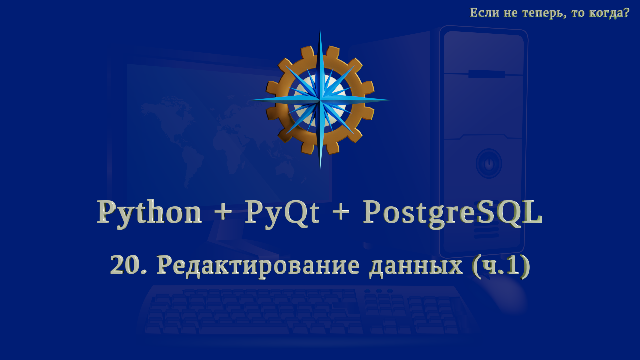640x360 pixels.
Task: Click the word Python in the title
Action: pyautogui.click(x=149, y=212)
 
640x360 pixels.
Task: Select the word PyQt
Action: pyautogui.click(x=282, y=212)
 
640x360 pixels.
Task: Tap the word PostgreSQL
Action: pyautogui.click(x=453, y=212)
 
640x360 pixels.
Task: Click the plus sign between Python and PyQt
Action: pyautogui.click(x=223, y=211)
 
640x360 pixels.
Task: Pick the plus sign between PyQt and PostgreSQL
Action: pyautogui.click(x=341, y=211)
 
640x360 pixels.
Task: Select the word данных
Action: pyautogui.click(x=416, y=266)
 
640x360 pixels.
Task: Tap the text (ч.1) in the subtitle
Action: pyautogui.click(x=501, y=266)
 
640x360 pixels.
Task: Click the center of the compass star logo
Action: pyautogui.click(x=320, y=100)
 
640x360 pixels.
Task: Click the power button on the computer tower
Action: pyautogui.click(x=489, y=164)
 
